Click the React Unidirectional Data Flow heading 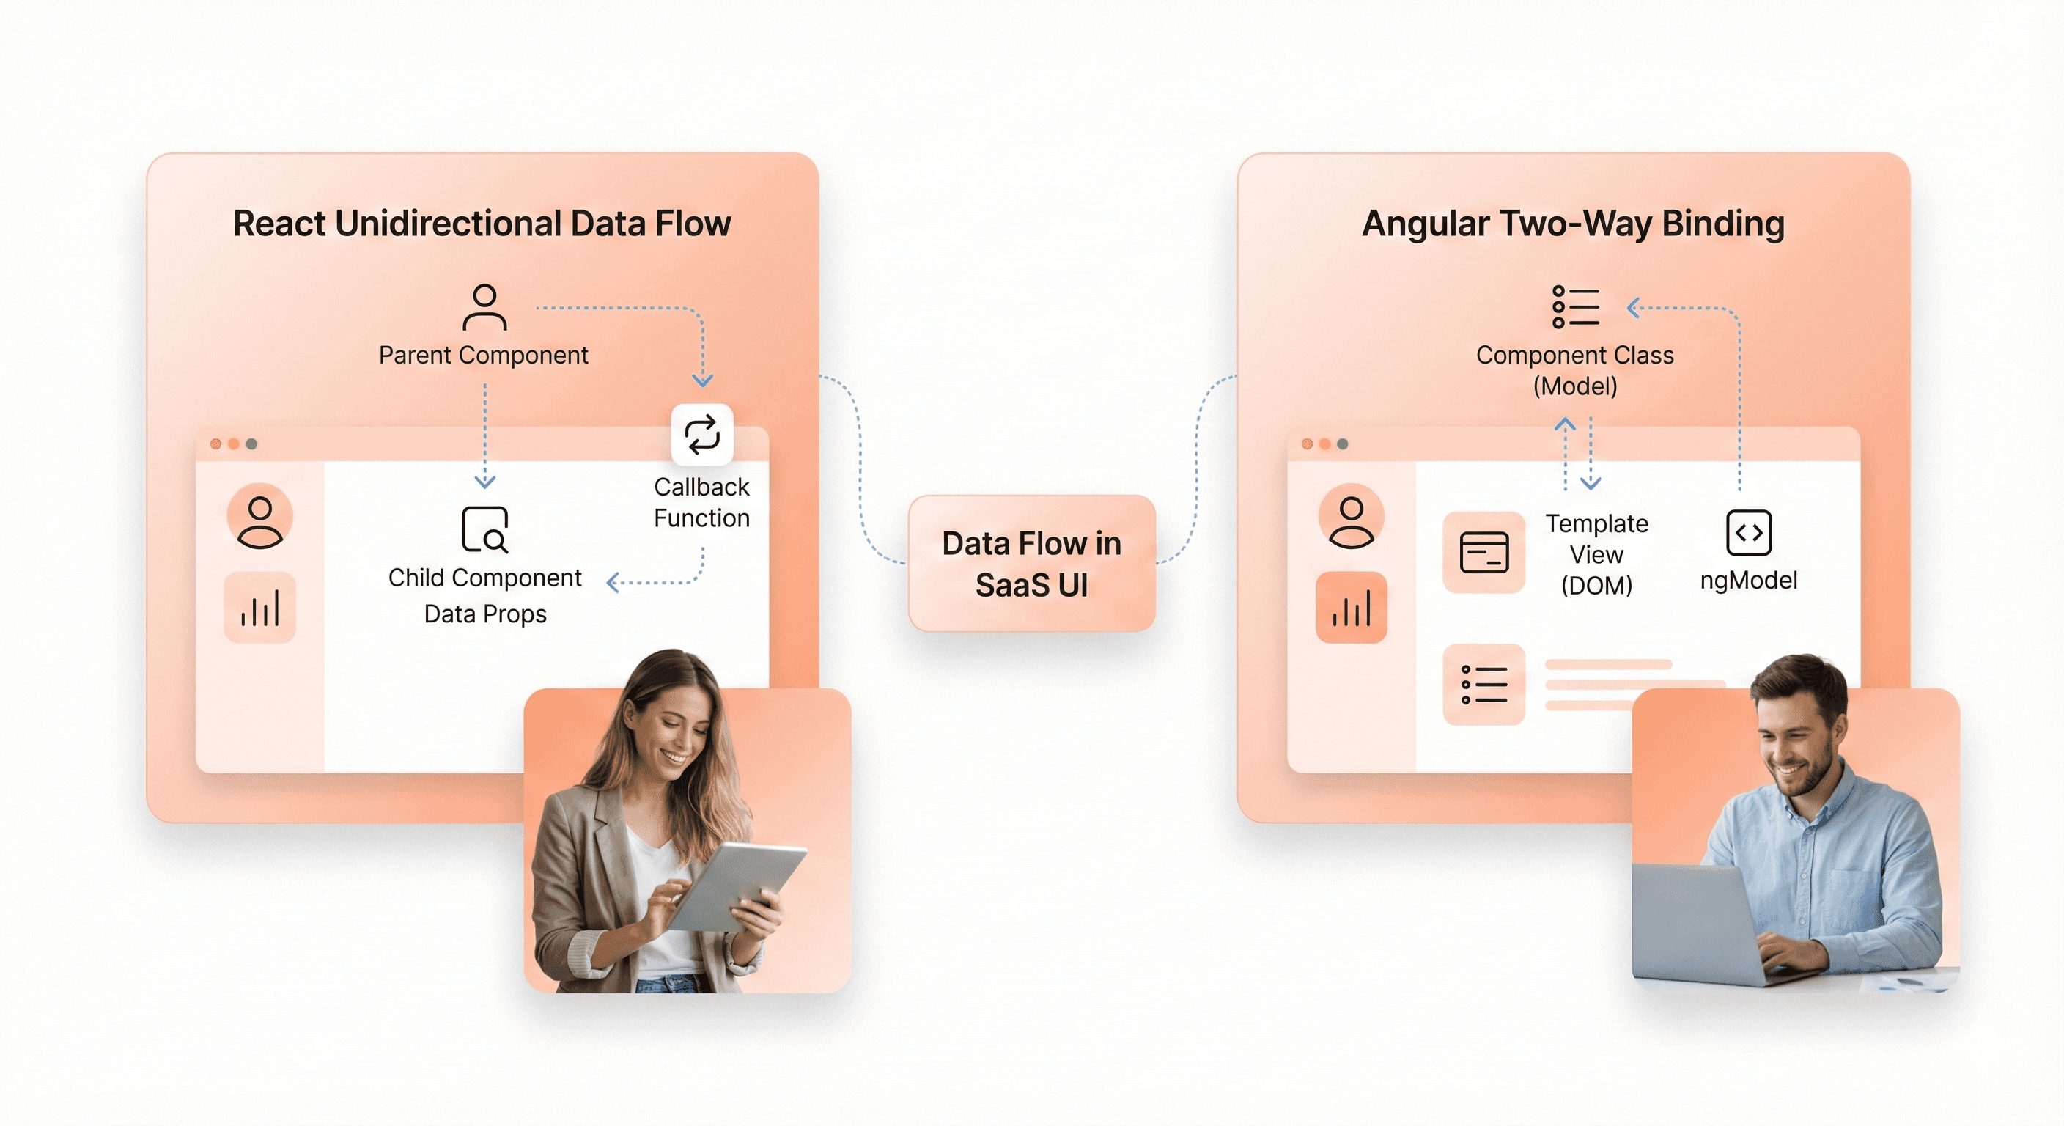coord(482,224)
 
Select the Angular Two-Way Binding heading coord(1573,224)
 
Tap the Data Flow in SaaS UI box coord(1031,564)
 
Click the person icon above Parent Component coord(484,307)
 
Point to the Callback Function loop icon coord(702,435)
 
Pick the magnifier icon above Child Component coord(484,529)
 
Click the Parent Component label coord(483,355)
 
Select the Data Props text coord(484,614)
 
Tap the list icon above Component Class coord(1575,307)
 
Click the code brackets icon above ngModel coord(1748,532)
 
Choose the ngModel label coord(1748,581)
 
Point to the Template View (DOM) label coord(1596,555)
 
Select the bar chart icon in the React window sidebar coord(259,608)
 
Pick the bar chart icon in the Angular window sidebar coord(1351,608)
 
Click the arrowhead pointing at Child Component coord(484,482)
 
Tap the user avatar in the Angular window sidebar coord(1351,517)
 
